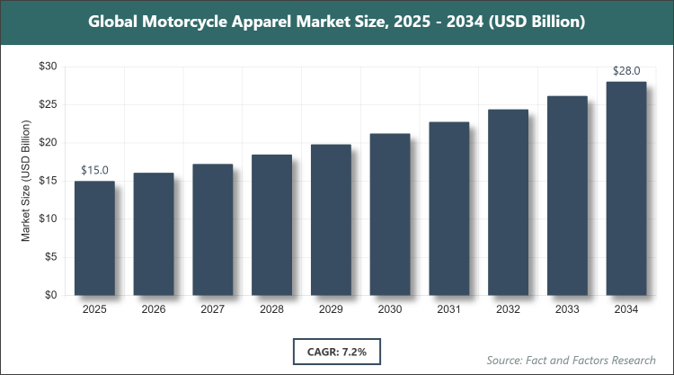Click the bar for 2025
[x=94, y=238]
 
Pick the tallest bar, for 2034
[x=626, y=189]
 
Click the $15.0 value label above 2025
[x=94, y=170]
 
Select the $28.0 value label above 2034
[x=626, y=71]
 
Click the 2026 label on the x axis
[x=154, y=310]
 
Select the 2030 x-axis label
[x=390, y=310]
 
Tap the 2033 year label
[x=567, y=310]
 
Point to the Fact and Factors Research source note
[x=571, y=360]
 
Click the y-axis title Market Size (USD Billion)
[x=27, y=181]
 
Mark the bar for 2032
[x=508, y=202]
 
